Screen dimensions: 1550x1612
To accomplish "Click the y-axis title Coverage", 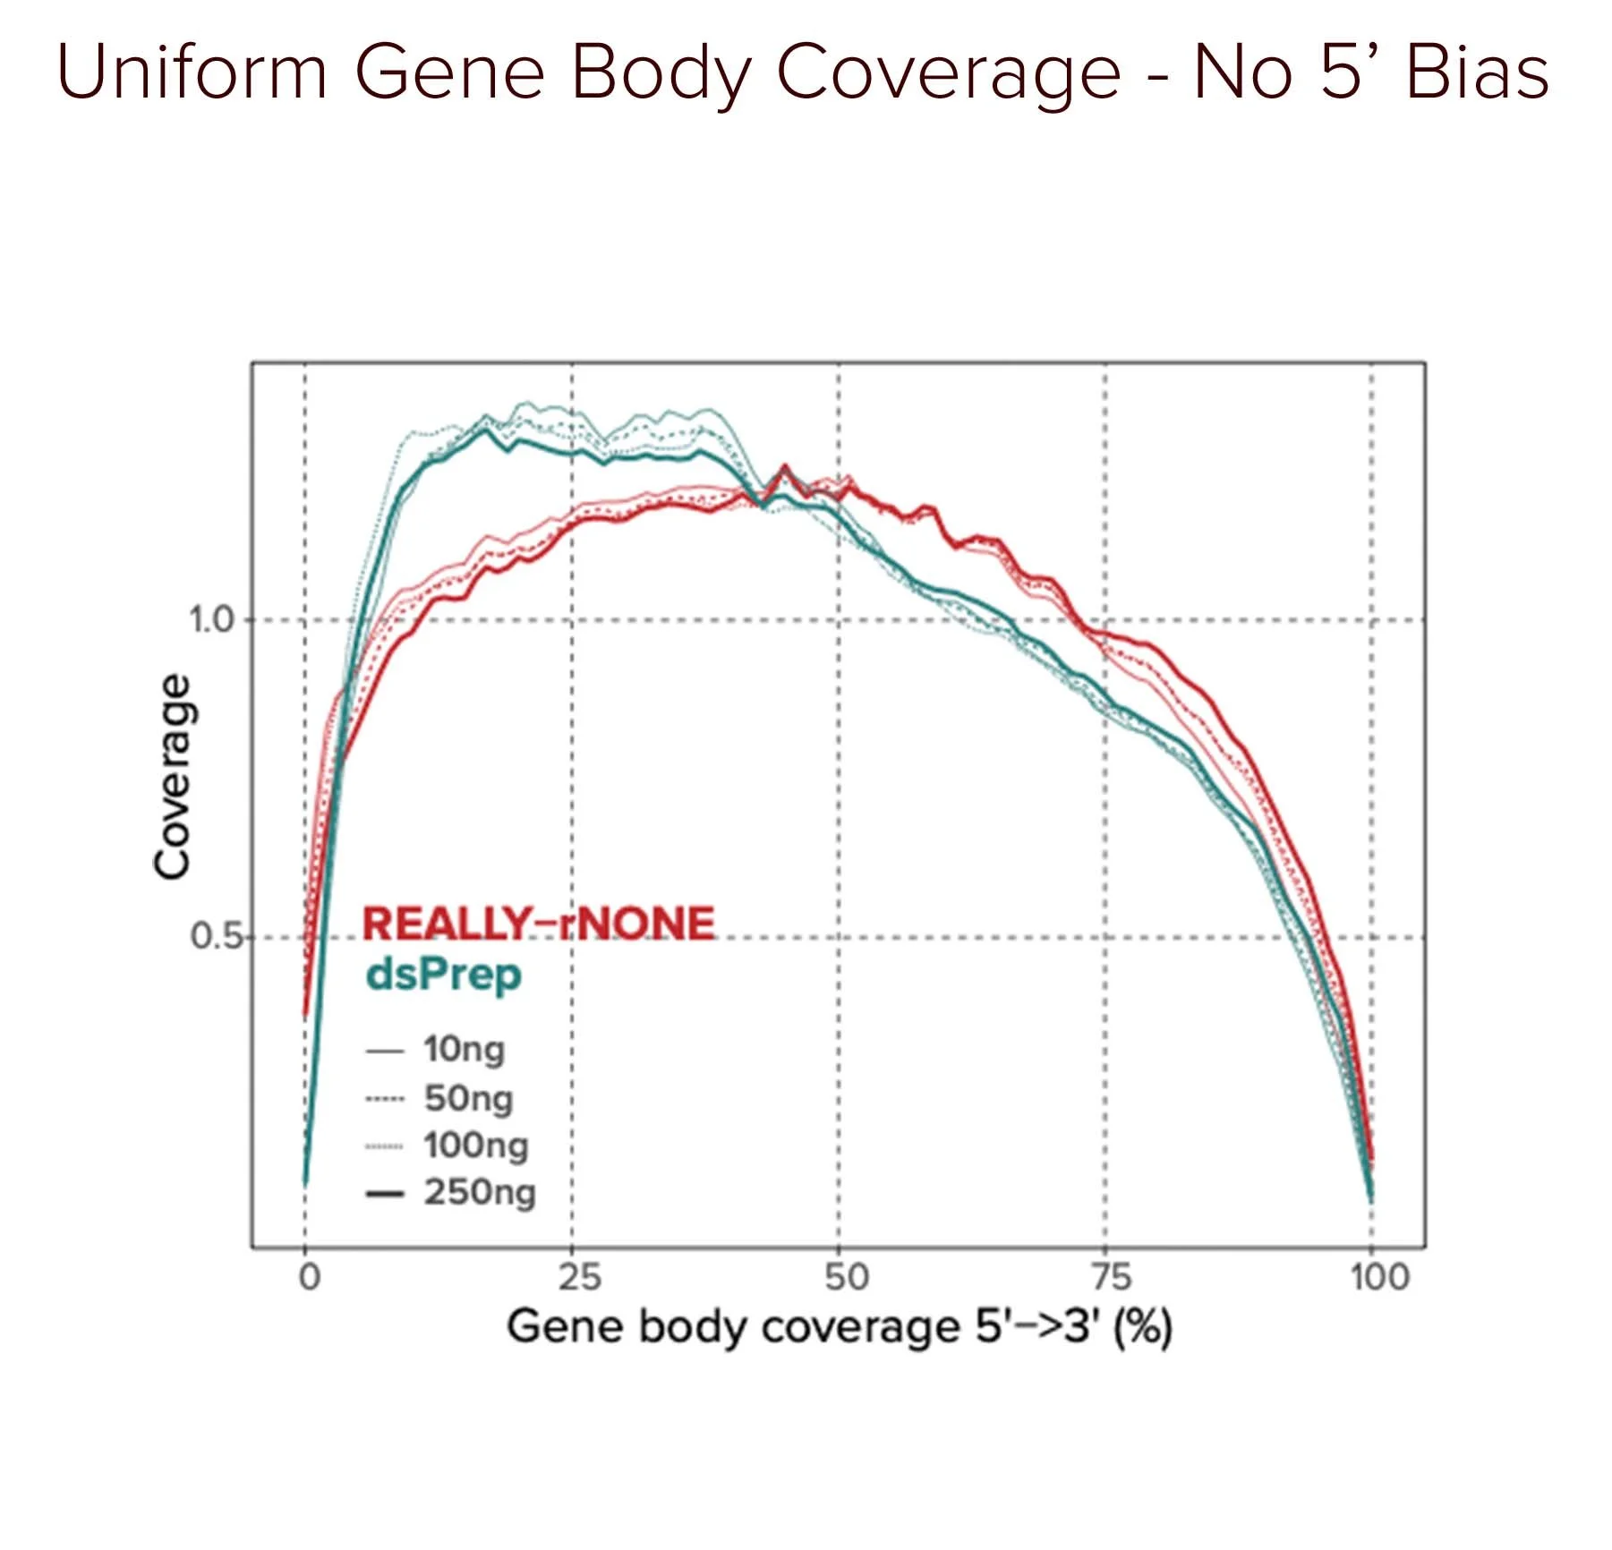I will (172, 777).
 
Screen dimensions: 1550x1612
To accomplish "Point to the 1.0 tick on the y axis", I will (211, 619).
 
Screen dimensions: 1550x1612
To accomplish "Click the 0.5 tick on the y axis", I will (215, 937).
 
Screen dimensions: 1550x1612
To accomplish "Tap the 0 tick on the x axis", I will (309, 1276).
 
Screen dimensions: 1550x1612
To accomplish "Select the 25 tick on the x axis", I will (580, 1276).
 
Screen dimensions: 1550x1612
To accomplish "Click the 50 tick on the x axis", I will (847, 1276).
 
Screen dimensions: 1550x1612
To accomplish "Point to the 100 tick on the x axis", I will (1379, 1276).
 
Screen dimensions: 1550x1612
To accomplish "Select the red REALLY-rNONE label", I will (539, 924).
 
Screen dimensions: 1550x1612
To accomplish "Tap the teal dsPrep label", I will (444, 975).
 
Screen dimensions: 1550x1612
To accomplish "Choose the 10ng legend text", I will (464, 1050).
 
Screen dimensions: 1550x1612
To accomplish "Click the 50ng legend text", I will (468, 1098).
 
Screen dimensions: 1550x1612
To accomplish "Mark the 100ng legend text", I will (475, 1145).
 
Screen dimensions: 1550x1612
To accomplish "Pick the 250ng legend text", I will (480, 1193).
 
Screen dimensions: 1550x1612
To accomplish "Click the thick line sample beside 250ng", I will (385, 1194).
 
